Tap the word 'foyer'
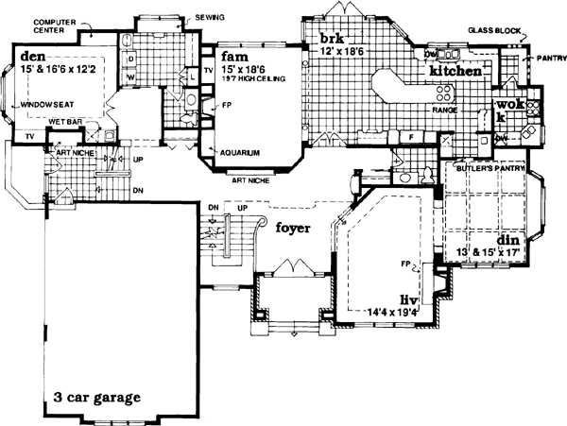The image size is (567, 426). (x=293, y=228)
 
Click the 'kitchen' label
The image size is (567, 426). (x=457, y=70)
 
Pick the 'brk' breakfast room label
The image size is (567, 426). (x=330, y=39)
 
